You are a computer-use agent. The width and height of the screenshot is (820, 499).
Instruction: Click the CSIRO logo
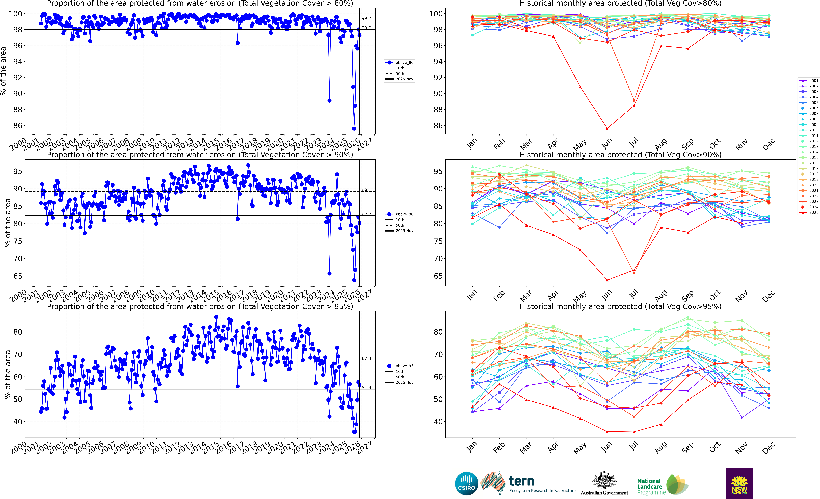[x=467, y=483]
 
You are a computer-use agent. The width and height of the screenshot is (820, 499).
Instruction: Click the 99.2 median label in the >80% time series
[x=366, y=19]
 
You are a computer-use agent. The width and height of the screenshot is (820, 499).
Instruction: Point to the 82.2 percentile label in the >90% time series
[x=366, y=214]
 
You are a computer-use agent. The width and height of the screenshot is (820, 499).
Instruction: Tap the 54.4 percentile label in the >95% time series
[x=366, y=388]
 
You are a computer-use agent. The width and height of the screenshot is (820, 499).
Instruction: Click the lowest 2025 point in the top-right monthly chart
[x=607, y=128]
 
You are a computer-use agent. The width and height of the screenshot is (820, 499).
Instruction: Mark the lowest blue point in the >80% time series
[x=354, y=128]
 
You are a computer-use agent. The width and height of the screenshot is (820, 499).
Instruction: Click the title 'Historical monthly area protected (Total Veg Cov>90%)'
[x=620, y=155]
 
